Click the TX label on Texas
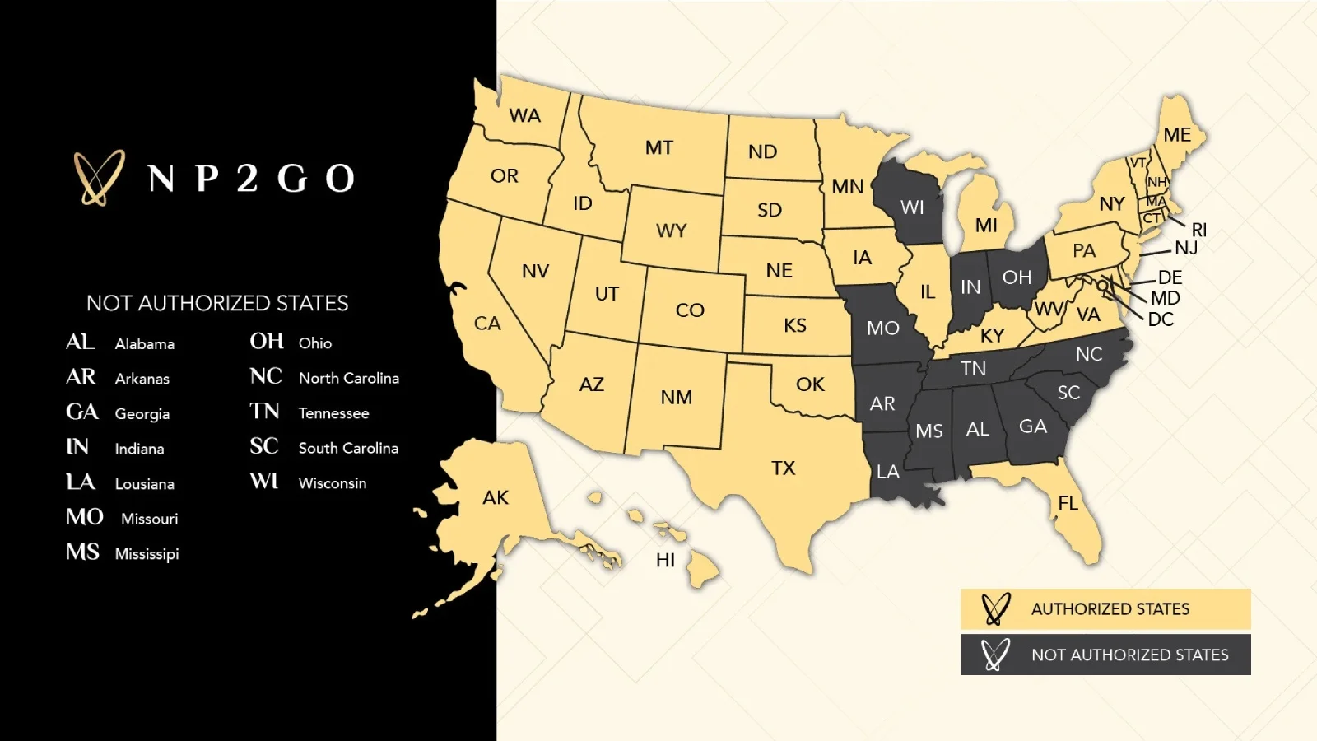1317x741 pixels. click(784, 468)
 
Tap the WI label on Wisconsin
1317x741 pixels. click(912, 207)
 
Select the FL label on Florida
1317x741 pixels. click(1068, 503)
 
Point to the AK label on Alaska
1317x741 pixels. click(496, 497)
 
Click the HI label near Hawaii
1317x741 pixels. click(665, 561)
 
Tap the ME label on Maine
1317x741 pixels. click(1177, 135)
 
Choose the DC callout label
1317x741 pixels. click(1161, 319)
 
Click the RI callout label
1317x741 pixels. click(1199, 230)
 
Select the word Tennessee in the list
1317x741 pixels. click(333, 413)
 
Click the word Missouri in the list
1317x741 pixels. click(149, 519)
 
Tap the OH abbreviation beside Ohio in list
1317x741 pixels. click(267, 342)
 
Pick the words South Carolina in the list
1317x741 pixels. click(348, 448)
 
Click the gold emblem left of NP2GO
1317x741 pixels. click(99, 177)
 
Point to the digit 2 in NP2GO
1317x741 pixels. click(247, 178)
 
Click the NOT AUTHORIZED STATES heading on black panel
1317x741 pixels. click(217, 303)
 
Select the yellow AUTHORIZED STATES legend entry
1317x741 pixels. click(1105, 609)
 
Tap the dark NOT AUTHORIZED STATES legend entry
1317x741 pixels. click(1105, 655)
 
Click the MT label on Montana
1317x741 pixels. click(658, 148)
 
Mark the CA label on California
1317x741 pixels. click(487, 324)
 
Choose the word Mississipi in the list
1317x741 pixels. click(147, 554)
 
